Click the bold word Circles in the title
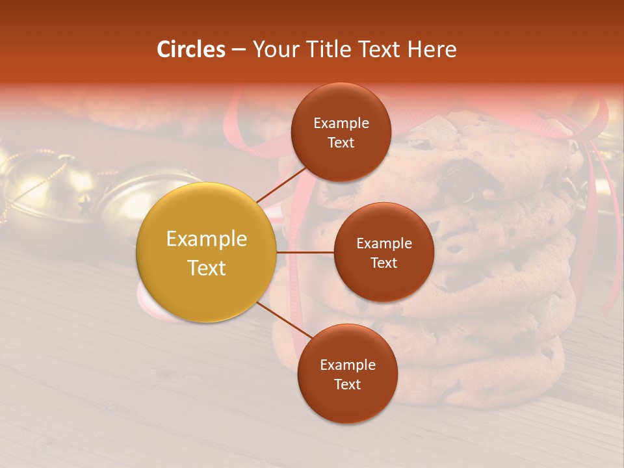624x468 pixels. coord(191,49)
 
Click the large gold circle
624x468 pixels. coord(207,252)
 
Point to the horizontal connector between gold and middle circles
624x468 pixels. coord(305,252)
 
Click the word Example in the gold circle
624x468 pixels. coord(207,239)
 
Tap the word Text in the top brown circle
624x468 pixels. coord(341,142)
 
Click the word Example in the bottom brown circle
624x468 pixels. coord(347,365)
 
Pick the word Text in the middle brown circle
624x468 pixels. coord(383,263)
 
